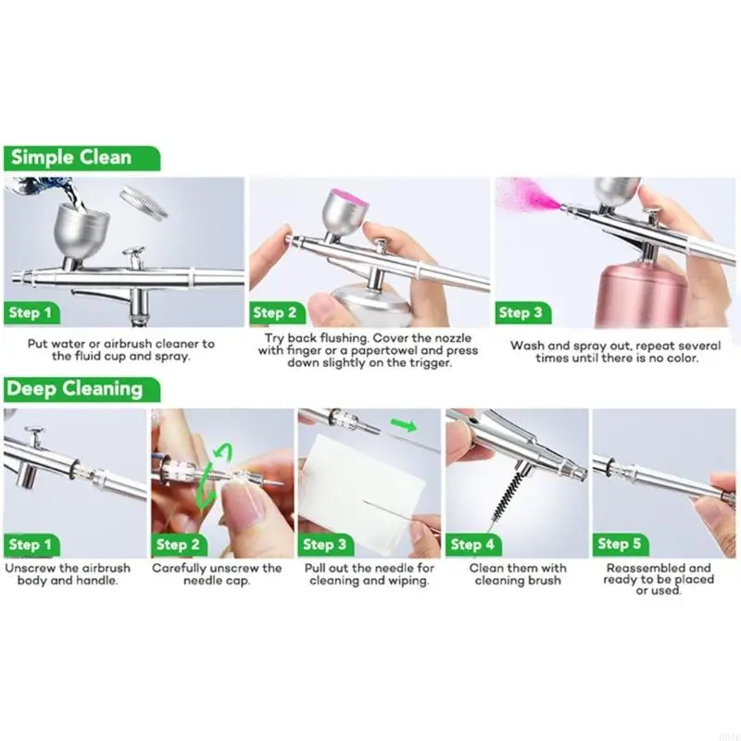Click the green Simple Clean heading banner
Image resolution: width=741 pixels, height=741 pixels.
pos(82,157)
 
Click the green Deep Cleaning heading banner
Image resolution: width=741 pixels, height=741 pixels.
pos(82,389)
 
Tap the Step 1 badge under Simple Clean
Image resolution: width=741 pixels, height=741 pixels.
pos(31,313)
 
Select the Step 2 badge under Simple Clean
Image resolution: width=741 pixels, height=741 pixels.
pos(276,313)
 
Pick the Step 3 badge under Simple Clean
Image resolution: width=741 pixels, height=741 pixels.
pos(522,313)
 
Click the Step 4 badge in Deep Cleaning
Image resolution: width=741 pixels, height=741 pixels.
pos(473,545)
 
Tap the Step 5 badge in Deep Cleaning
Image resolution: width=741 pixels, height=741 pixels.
pos(620,544)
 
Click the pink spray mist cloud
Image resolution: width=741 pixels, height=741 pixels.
pos(529,196)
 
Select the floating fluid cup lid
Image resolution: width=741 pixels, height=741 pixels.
pos(144,201)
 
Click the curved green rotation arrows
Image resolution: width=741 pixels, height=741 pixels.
pos(211,475)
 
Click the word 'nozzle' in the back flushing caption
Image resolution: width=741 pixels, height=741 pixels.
pos(451,338)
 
